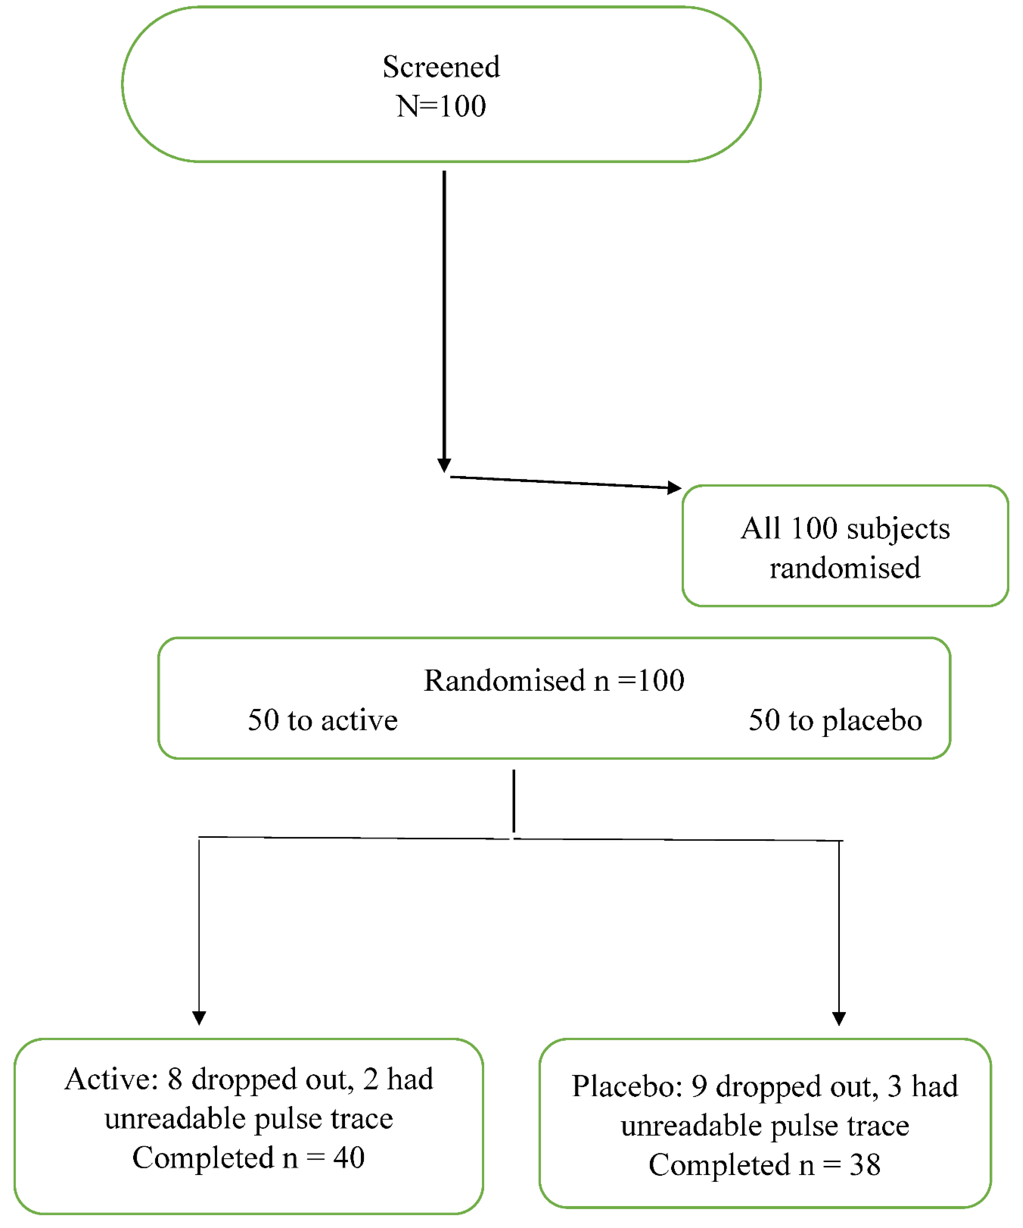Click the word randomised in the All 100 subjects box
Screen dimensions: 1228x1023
(845, 568)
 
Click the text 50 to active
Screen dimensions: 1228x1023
(323, 720)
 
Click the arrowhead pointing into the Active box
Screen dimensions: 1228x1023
(199, 1018)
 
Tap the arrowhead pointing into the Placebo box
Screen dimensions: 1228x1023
(839, 1018)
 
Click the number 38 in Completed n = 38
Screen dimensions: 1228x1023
(865, 1165)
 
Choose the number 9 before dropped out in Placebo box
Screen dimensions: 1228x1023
(699, 1087)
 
